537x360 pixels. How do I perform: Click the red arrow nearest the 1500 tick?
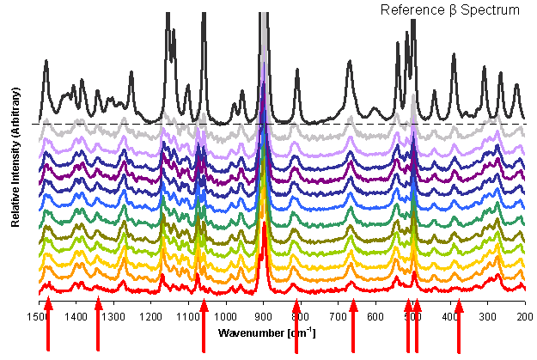48,325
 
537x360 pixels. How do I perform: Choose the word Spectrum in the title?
490,10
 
